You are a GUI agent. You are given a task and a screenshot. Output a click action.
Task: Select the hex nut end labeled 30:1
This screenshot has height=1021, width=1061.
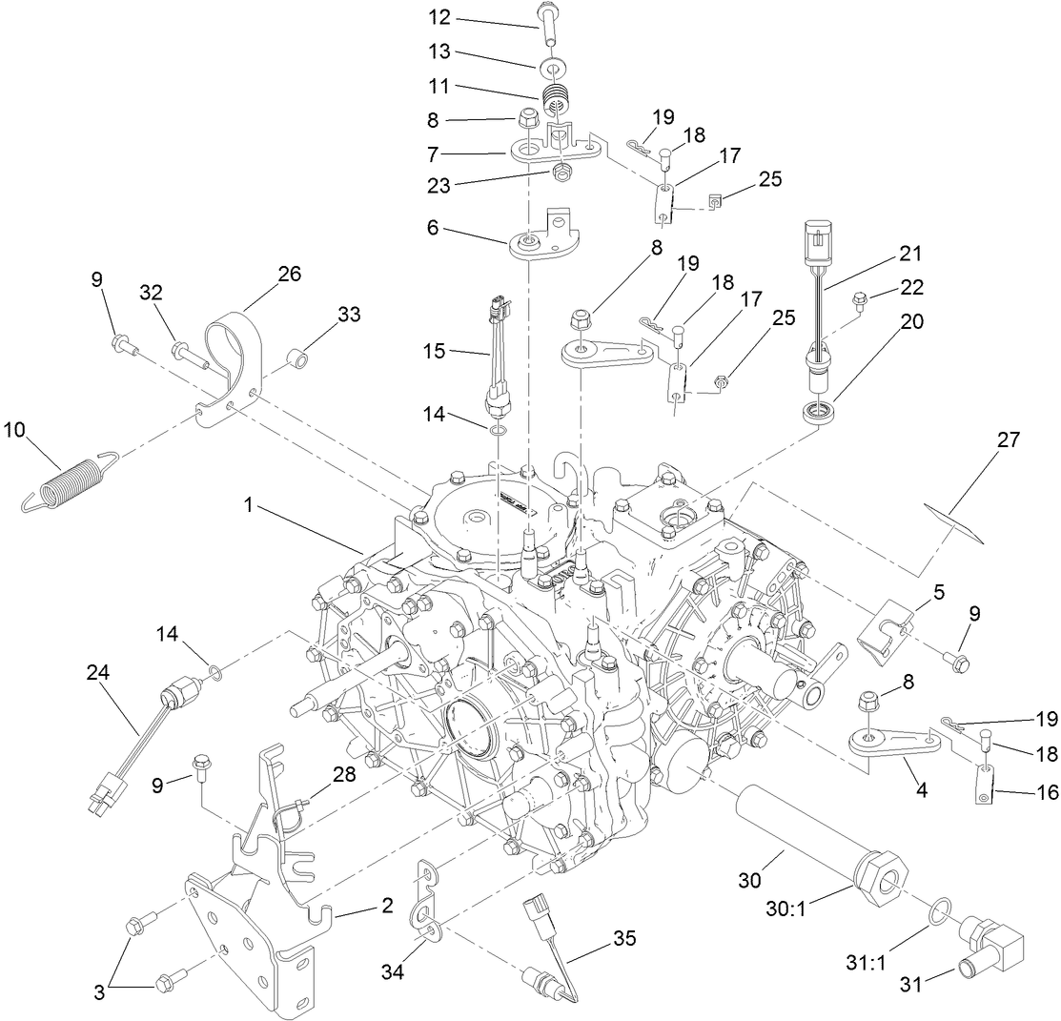(x=879, y=869)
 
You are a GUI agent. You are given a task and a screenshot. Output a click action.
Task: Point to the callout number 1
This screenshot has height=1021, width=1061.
(x=249, y=507)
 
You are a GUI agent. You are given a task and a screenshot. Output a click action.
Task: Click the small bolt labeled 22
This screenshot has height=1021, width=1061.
(x=859, y=301)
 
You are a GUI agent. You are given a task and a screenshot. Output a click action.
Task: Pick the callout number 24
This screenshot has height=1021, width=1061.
(x=97, y=672)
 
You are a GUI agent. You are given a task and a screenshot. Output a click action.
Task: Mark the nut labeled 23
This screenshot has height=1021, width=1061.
(x=562, y=173)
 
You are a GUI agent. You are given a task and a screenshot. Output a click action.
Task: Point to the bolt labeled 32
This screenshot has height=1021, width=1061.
(x=191, y=355)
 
